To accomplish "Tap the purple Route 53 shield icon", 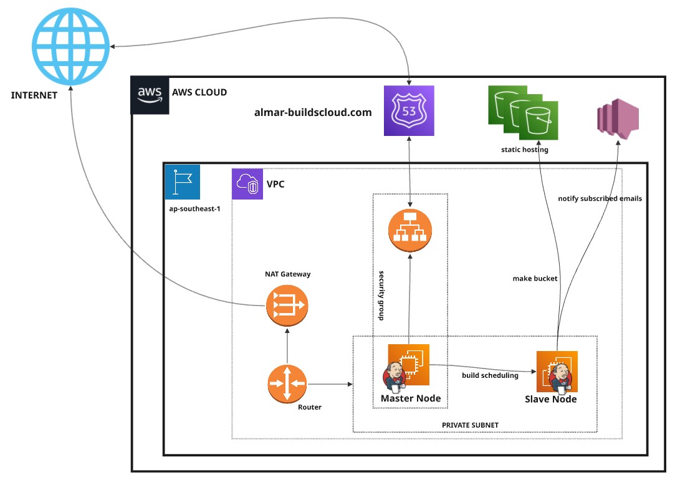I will pyautogui.click(x=409, y=110).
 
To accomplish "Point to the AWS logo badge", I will pyautogui.click(x=150, y=94).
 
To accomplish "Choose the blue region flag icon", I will pyautogui.click(x=183, y=182).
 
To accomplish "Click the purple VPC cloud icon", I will pyautogui.click(x=247, y=184).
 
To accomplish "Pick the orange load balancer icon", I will pyautogui.click(x=409, y=230).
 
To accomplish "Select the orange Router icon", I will pyautogui.click(x=287, y=383).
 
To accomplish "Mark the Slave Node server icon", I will pyautogui.click(x=557, y=372).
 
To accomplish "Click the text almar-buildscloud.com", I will pyautogui.click(x=313, y=113).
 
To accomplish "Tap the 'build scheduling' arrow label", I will pyautogui.click(x=490, y=375).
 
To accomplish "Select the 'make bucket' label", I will pyautogui.click(x=535, y=279).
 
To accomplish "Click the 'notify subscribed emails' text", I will pyautogui.click(x=600, y=199).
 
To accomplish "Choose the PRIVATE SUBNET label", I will pyautogui.click(x=470, y=425).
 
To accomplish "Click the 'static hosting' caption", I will pyautogui.click(x=524, y=150).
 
